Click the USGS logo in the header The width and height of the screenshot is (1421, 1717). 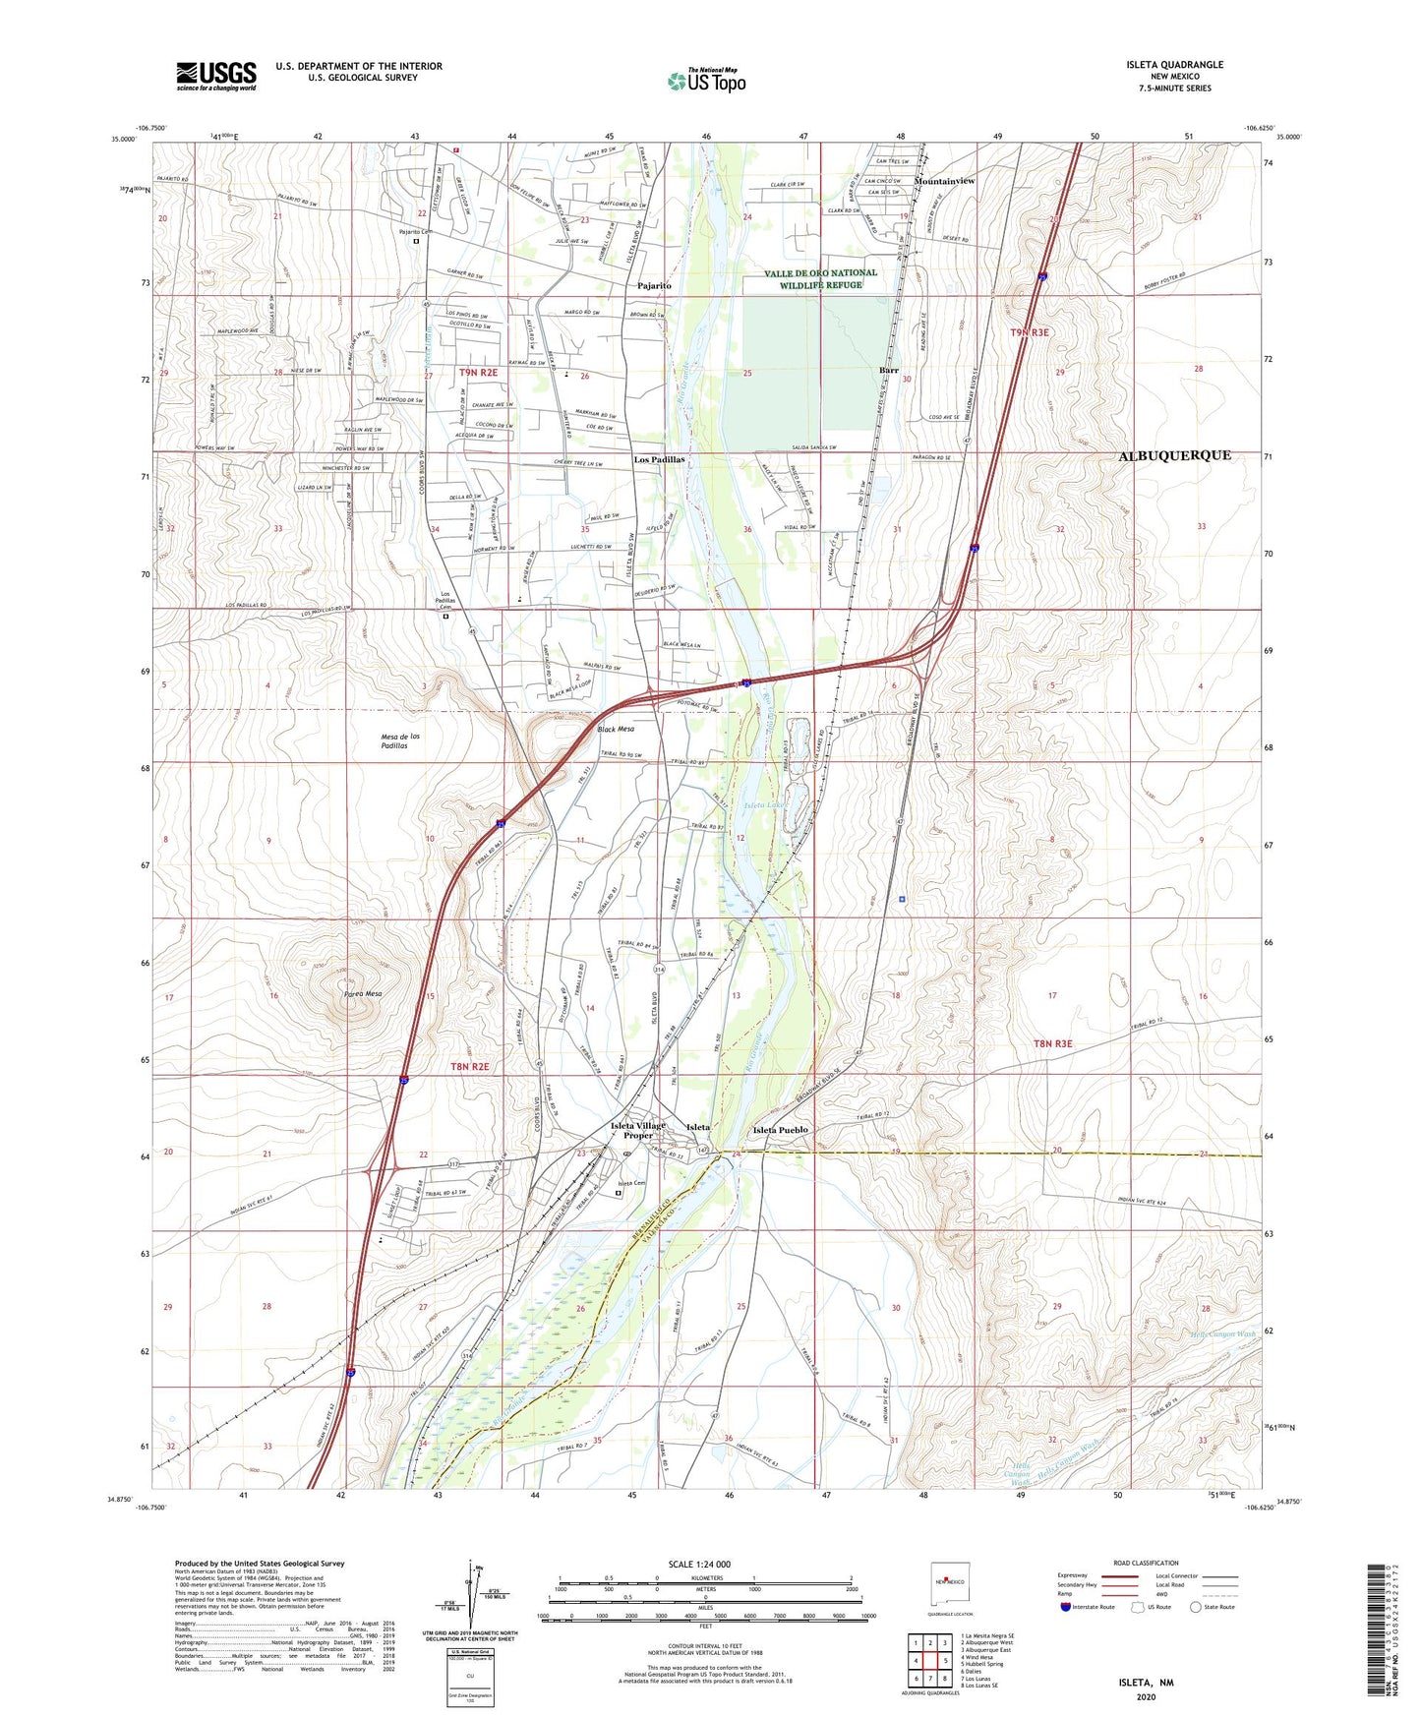[216, 75]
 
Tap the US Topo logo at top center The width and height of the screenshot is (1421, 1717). [706, 81]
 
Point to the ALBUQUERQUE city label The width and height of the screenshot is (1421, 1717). [1174, 455]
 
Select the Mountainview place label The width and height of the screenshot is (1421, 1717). [944, 182]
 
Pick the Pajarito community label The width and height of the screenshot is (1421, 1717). [654, 285]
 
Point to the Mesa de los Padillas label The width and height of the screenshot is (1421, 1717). [407, 740]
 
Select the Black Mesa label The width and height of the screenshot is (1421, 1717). [616, 729]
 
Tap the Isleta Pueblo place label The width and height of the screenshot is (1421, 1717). [780, 1130]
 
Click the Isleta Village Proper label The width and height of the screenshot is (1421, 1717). [637, 1130]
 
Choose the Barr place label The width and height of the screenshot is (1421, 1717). [888, 371]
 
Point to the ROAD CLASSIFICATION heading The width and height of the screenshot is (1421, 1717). [1145, 1563]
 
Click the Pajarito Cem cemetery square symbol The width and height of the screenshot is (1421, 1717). [416, 241]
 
